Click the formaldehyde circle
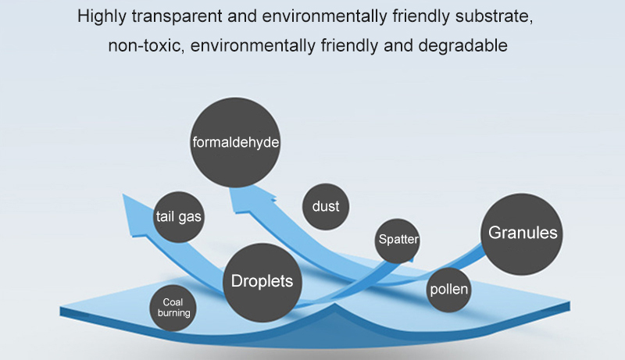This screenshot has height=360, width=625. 235,142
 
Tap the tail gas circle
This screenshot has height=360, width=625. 179,217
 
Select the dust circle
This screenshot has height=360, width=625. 326,206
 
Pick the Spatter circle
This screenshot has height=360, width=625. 398,241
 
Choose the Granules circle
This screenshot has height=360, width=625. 522,233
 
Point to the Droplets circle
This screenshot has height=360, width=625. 262,283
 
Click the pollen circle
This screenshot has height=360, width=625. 448,290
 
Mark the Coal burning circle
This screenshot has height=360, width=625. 173,308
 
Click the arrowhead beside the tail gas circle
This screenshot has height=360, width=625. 134,215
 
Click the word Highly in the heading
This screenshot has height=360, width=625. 102,17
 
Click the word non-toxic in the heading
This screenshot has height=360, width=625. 146,46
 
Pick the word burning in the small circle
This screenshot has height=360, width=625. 173,313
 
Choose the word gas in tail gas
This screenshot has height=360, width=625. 190,217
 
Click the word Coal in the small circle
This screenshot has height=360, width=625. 173,302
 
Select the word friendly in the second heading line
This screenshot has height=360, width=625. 349,46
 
